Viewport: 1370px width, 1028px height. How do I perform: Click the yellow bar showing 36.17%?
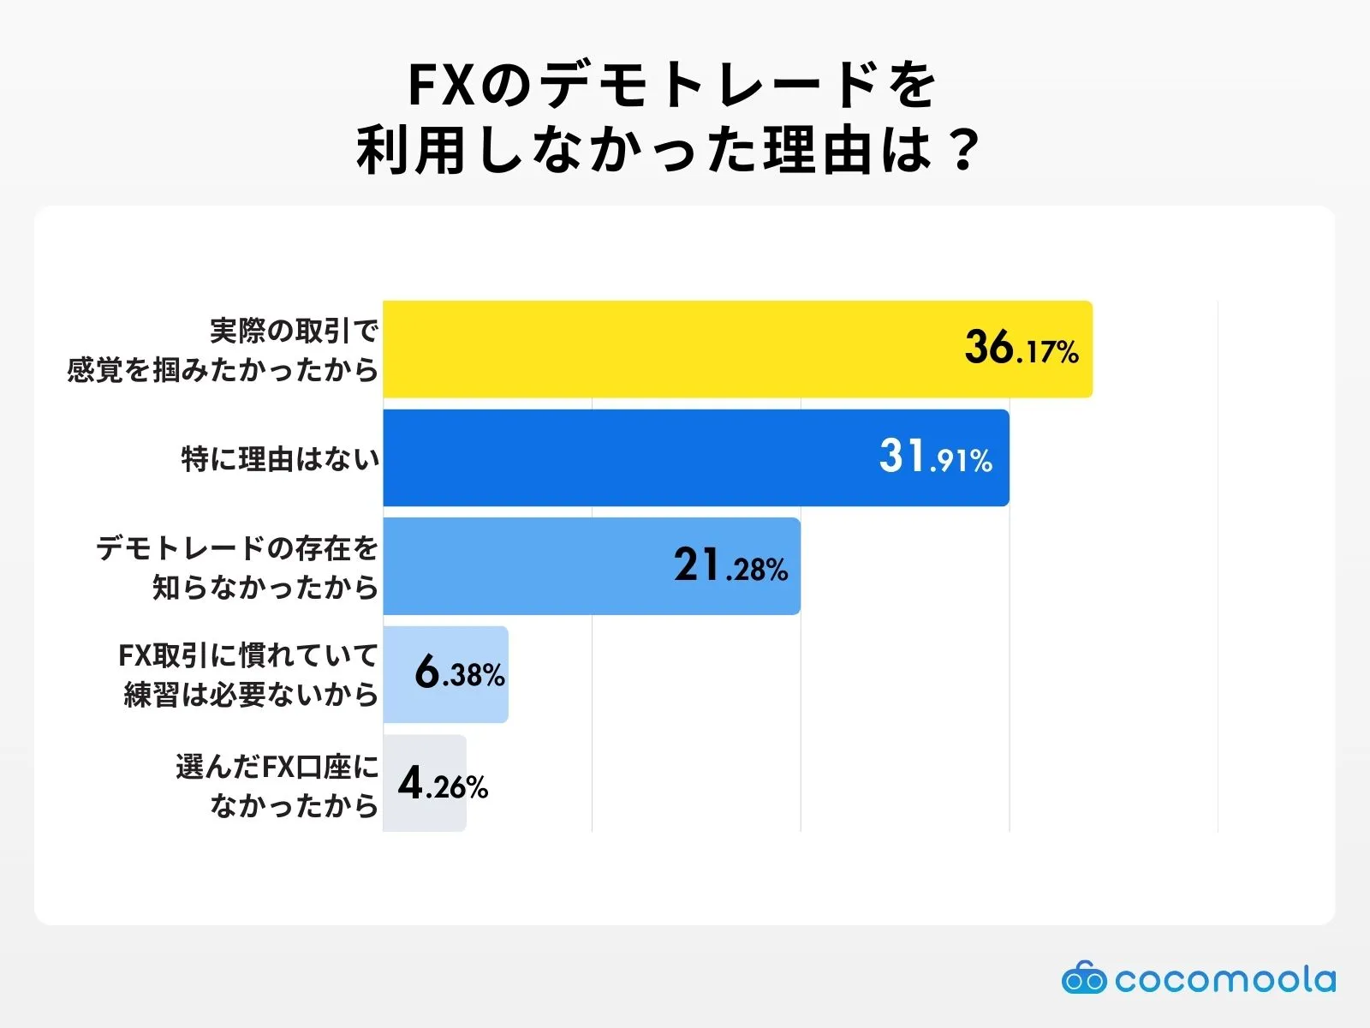(668, 349)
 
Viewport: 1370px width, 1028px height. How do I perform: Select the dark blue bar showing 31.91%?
(625, 457)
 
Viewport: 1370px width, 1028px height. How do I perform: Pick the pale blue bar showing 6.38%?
(398, 674)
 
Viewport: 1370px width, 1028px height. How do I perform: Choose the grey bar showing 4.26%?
(390, 783)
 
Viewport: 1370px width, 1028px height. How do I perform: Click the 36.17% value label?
(1021, 349)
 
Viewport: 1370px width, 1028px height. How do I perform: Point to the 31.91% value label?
(935, 457)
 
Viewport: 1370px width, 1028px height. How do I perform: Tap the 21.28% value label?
(730, 566)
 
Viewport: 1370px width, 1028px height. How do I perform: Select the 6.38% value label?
(460, 673)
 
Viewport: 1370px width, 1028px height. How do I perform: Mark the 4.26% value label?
(443, 784)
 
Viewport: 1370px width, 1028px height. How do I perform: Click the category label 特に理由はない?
(280, 459)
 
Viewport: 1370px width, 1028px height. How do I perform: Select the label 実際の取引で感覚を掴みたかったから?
(223, 350)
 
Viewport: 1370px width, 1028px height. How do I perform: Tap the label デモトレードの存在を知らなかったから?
(237, 567)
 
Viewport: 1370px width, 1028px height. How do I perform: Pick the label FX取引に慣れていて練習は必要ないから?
(248, 675)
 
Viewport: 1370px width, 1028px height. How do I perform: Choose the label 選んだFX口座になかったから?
(277, 785)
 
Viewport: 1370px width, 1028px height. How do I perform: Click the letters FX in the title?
(441, 85)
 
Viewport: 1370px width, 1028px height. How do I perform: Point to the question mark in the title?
(964, 152)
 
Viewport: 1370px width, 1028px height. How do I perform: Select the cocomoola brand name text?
(1224, 979)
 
